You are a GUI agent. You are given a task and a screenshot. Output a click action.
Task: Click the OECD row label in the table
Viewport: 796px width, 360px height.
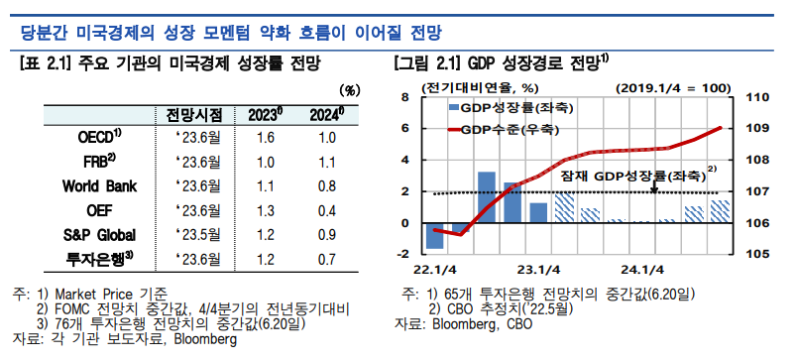(x=98, y=137)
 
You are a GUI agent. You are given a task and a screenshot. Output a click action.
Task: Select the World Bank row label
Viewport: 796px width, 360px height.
(x=99, y=185)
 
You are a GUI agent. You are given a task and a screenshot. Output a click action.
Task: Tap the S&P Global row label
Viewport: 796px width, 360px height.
(x=98, y=235)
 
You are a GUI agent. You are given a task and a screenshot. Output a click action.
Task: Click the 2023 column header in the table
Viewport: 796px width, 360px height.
(x=266, y=113)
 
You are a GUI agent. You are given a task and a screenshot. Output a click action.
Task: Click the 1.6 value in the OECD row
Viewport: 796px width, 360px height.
(x=265, y=137)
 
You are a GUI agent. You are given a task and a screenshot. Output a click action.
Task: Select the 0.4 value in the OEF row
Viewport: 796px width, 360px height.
(x=328, y=210)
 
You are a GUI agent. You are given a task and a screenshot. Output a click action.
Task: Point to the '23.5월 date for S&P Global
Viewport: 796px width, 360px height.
(x=197, y=235)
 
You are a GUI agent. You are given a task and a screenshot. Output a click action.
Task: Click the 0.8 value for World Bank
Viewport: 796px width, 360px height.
(x=328, y=185)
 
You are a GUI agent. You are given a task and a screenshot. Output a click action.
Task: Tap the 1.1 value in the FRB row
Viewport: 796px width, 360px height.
(x=328, y=162)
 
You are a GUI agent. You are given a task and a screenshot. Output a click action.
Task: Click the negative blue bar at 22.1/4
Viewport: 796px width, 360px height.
(x=434, y=236)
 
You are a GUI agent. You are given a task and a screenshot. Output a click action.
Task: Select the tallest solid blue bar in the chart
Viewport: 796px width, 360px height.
(x=487, y=197)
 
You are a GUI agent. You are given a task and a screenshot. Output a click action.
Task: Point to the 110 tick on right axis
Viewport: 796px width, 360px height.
(x=754, y=97)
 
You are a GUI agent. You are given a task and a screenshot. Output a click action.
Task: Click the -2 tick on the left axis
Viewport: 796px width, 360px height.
(x=404, y=254)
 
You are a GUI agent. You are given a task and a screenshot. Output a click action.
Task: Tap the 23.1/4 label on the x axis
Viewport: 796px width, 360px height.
(x=538, y=270)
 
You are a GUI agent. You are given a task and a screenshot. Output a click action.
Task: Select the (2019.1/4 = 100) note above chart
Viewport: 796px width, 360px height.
(x=672, y=86)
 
